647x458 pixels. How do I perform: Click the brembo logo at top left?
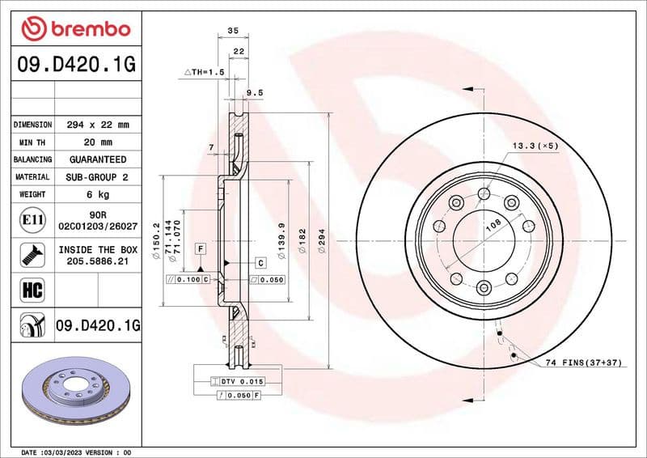75,28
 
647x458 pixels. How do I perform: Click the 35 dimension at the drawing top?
233,30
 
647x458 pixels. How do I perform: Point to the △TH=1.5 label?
203,73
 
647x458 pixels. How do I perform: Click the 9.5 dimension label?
255,93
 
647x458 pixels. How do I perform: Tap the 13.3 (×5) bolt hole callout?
535,146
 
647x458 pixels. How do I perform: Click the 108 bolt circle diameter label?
493,227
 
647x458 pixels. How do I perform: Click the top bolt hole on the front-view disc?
484,193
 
